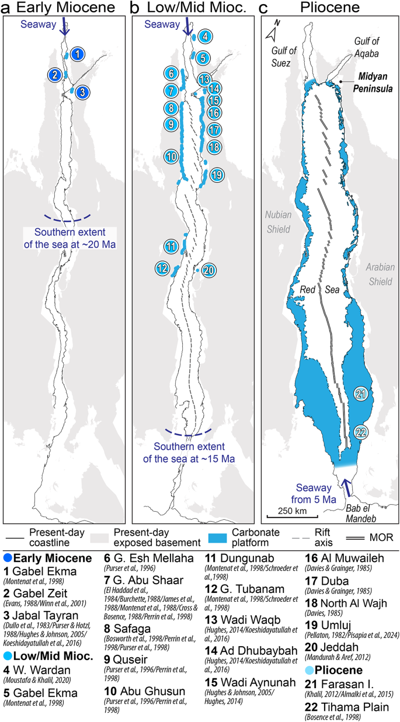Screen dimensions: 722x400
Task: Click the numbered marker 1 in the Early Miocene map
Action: pyautogui.click(x=79, y=54)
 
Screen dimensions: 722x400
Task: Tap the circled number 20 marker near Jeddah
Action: pyautogui.click(x=209, y=270)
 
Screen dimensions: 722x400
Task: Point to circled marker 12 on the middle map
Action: pyautogui.click(x=164, y=269)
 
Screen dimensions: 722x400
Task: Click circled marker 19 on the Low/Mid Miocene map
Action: pyautogui.click(x=215, y=174)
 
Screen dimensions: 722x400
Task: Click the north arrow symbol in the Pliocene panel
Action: pyautogui.click(x=272, y=33)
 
